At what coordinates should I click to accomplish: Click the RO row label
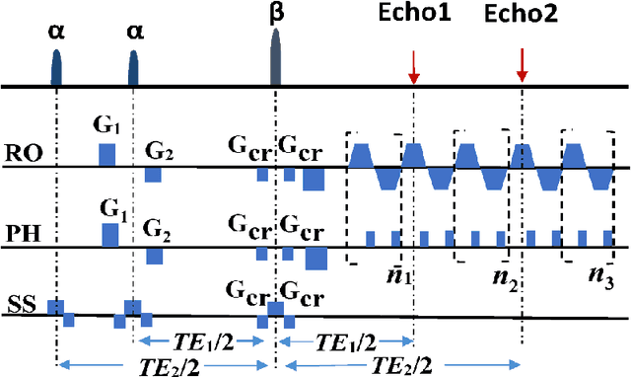pyautogui.click(x=21, y=153)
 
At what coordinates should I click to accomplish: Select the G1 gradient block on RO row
pyautogui.click(x=106, y=154)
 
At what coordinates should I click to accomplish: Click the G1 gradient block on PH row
pyautogui.click(x=110, y=234)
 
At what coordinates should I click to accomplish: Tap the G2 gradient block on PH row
pyautogui.click(x=154, y=256)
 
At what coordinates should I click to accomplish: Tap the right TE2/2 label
pyautogui.click(x=400, y=363)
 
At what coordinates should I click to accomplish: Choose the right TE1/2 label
pyautogui.click(x=344, y=340)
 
